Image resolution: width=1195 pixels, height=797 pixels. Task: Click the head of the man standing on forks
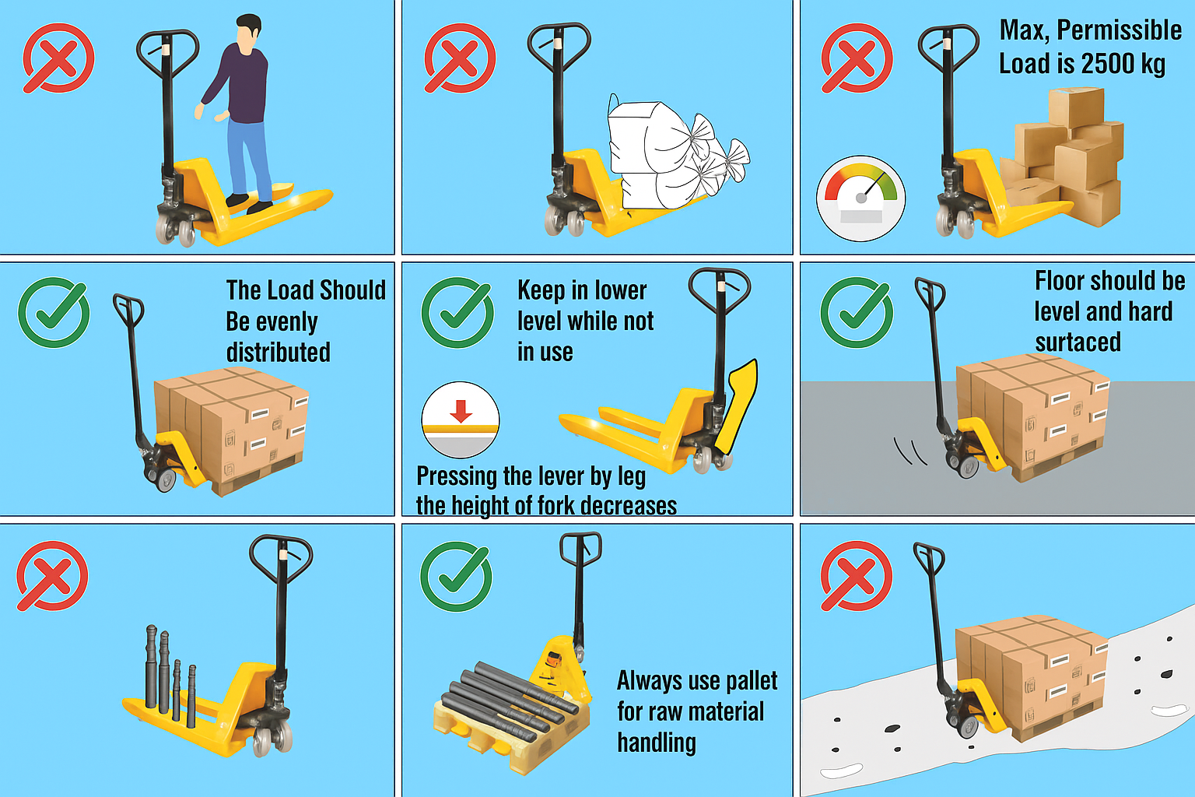point(248,33)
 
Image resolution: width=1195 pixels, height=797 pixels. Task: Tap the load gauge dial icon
point(860,198)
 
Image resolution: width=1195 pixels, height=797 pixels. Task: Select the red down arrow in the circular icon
point(461,411)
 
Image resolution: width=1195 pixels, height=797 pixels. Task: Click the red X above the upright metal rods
point(53,576)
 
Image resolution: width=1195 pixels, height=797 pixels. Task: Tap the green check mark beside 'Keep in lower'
point(457,313)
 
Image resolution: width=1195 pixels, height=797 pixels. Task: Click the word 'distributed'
point(278,353)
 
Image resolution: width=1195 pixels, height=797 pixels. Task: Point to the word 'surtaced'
point(1078,342)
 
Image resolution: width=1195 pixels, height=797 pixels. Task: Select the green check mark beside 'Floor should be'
point(857,313)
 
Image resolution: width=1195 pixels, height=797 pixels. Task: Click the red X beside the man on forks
point(58,58)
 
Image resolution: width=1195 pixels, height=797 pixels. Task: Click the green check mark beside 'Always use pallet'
point(456,577)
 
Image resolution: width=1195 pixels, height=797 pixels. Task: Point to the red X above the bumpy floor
point(856,576)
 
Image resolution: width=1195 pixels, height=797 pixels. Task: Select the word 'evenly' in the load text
point(272,321)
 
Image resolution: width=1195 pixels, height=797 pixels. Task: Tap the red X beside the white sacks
point(460,58)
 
